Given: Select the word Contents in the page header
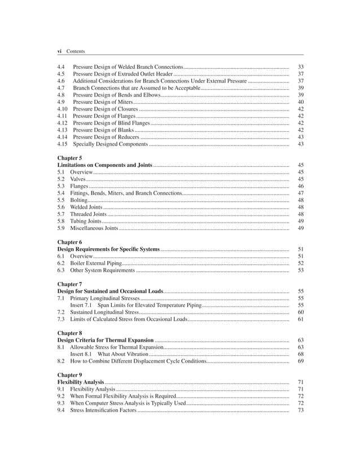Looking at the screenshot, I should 76,51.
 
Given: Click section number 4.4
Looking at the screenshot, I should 62,67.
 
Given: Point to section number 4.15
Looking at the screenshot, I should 63,144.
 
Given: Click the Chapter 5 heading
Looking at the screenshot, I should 69,158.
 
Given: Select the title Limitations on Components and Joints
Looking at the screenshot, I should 104,165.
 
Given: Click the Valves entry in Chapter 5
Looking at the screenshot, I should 77,179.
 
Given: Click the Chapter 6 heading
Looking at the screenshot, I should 69,242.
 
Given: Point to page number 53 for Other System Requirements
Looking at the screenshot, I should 300,270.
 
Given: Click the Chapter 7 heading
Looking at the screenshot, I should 69,284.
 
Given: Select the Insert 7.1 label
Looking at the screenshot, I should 81,305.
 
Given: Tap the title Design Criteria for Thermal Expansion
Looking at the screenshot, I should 106,341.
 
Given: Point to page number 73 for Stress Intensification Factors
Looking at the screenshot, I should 300,410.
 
